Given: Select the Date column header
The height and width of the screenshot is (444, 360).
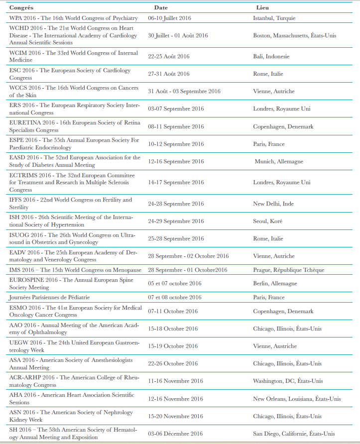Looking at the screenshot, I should click(161, 8).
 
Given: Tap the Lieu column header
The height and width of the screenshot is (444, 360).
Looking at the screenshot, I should click(262, 8).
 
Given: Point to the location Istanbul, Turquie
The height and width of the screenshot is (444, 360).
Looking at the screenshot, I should click(274, 18).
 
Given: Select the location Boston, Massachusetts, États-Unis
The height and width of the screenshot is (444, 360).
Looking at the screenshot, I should click(294, 36).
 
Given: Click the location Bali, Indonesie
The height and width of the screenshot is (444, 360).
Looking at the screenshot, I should click(271, 56).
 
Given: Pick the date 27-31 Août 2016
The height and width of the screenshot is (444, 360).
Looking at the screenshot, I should click(169, 74).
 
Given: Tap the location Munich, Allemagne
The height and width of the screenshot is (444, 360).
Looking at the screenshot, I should click(279, 161).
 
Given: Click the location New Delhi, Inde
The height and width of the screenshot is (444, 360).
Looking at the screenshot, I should click(273, 204).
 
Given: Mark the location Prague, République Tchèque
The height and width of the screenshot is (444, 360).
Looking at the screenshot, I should click(288, 270).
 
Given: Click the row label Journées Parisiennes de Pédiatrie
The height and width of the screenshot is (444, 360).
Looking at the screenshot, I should click(49, 297).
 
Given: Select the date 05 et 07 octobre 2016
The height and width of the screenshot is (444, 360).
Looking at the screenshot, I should click(175, 283).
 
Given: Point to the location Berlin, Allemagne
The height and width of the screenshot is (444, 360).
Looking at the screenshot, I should click(275, 283).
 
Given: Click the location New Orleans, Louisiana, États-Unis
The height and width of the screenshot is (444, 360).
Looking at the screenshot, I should click(297, 399).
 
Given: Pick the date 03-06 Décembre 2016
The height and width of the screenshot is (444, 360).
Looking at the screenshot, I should click(175, 434).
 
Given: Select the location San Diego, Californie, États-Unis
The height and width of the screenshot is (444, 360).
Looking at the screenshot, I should click(294, 434).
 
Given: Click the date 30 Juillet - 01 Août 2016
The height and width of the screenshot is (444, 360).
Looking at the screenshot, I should click(178, 36).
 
